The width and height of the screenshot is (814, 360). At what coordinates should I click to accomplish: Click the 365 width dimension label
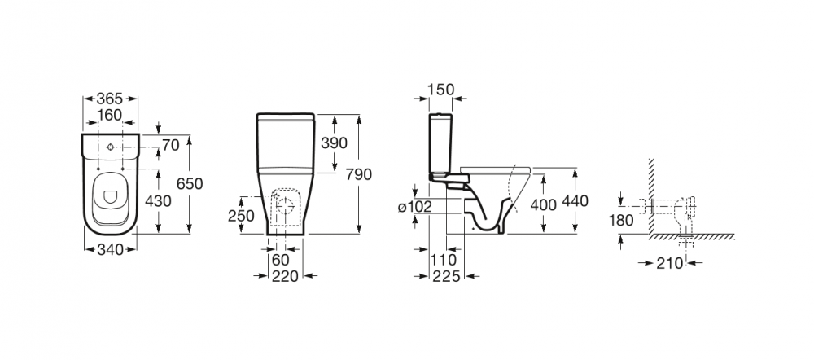pyautogui.click(x=110, y=99)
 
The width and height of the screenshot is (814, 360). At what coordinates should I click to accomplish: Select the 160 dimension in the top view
pyautogui.click(x=110, y=115)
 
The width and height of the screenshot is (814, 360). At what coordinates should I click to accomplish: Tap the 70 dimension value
pyautogui.click(x=171, y=145)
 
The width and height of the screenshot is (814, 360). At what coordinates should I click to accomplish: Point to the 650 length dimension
pyautogui.click(x=190, y=183)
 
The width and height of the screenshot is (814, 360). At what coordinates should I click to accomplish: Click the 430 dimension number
pyautogui.click(x=158, y=200)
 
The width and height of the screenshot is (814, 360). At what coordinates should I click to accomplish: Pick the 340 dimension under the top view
pyautogui.click(x=111, y=250)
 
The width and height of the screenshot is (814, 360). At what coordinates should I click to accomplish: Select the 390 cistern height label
pyautogui.click(x=334, y=143)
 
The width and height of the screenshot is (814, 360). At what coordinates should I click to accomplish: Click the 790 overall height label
pyautogui.click(x=359, y=174)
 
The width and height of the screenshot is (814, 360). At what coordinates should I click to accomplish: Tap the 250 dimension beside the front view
pyautogui.click(x=242, y=216)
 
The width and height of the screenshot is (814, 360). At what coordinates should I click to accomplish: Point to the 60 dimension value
pyautogui.click(x=281, y=259)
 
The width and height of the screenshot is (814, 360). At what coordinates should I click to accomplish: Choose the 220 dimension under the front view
pyautogui.click(x=286, y=276)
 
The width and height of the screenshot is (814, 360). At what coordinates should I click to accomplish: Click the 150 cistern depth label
pyautogui.click(x=440, y=90)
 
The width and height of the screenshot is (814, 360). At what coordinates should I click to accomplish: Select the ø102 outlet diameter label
pyautogui.click(x=415, y=207)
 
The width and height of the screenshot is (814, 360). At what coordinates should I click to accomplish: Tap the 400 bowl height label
pyautogui.click(x=544, y=204)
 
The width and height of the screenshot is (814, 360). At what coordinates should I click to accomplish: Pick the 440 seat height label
pyautogui.click(x=575, y=200)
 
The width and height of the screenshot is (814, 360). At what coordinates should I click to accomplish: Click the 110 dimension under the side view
pyautogui.click(x=443, y=259)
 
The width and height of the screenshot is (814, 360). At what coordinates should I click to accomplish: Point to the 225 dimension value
pyautogui.click(x=447, y=276)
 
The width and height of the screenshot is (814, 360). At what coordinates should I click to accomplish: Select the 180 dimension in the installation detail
pyautogui.click(x=621, y=220)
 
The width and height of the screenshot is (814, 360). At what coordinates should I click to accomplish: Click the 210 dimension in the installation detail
pyautogui.click(x=670, y=263)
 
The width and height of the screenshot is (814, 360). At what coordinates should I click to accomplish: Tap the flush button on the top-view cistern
pyautogui.click(x=110, y=147)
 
